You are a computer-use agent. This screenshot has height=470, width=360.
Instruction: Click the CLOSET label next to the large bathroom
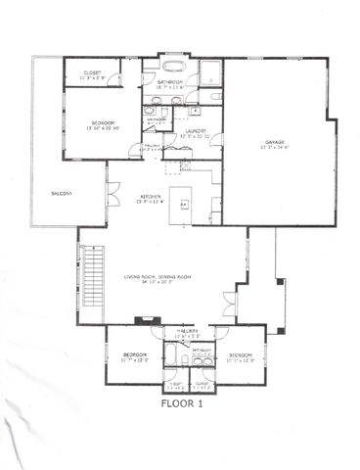(93, 72)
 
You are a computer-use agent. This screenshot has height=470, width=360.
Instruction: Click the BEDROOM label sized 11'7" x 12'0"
(134, 353)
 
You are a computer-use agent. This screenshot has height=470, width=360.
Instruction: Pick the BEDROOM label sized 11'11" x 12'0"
(241, 353)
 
